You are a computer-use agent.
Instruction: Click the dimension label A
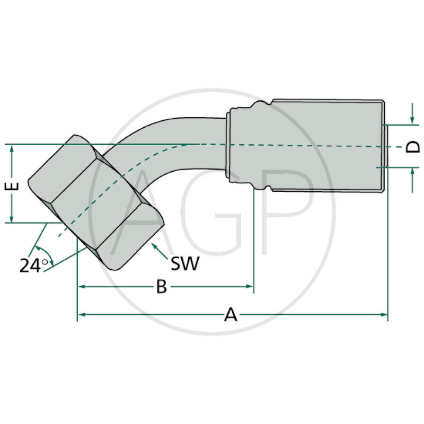(x=231, y=314)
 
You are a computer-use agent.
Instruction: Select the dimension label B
(x=162, y=287)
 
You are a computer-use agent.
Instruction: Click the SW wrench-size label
(x=185, y=263)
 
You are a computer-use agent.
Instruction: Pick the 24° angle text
(x=33, y=265)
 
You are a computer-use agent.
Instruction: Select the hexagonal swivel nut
(x=95, y=201)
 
